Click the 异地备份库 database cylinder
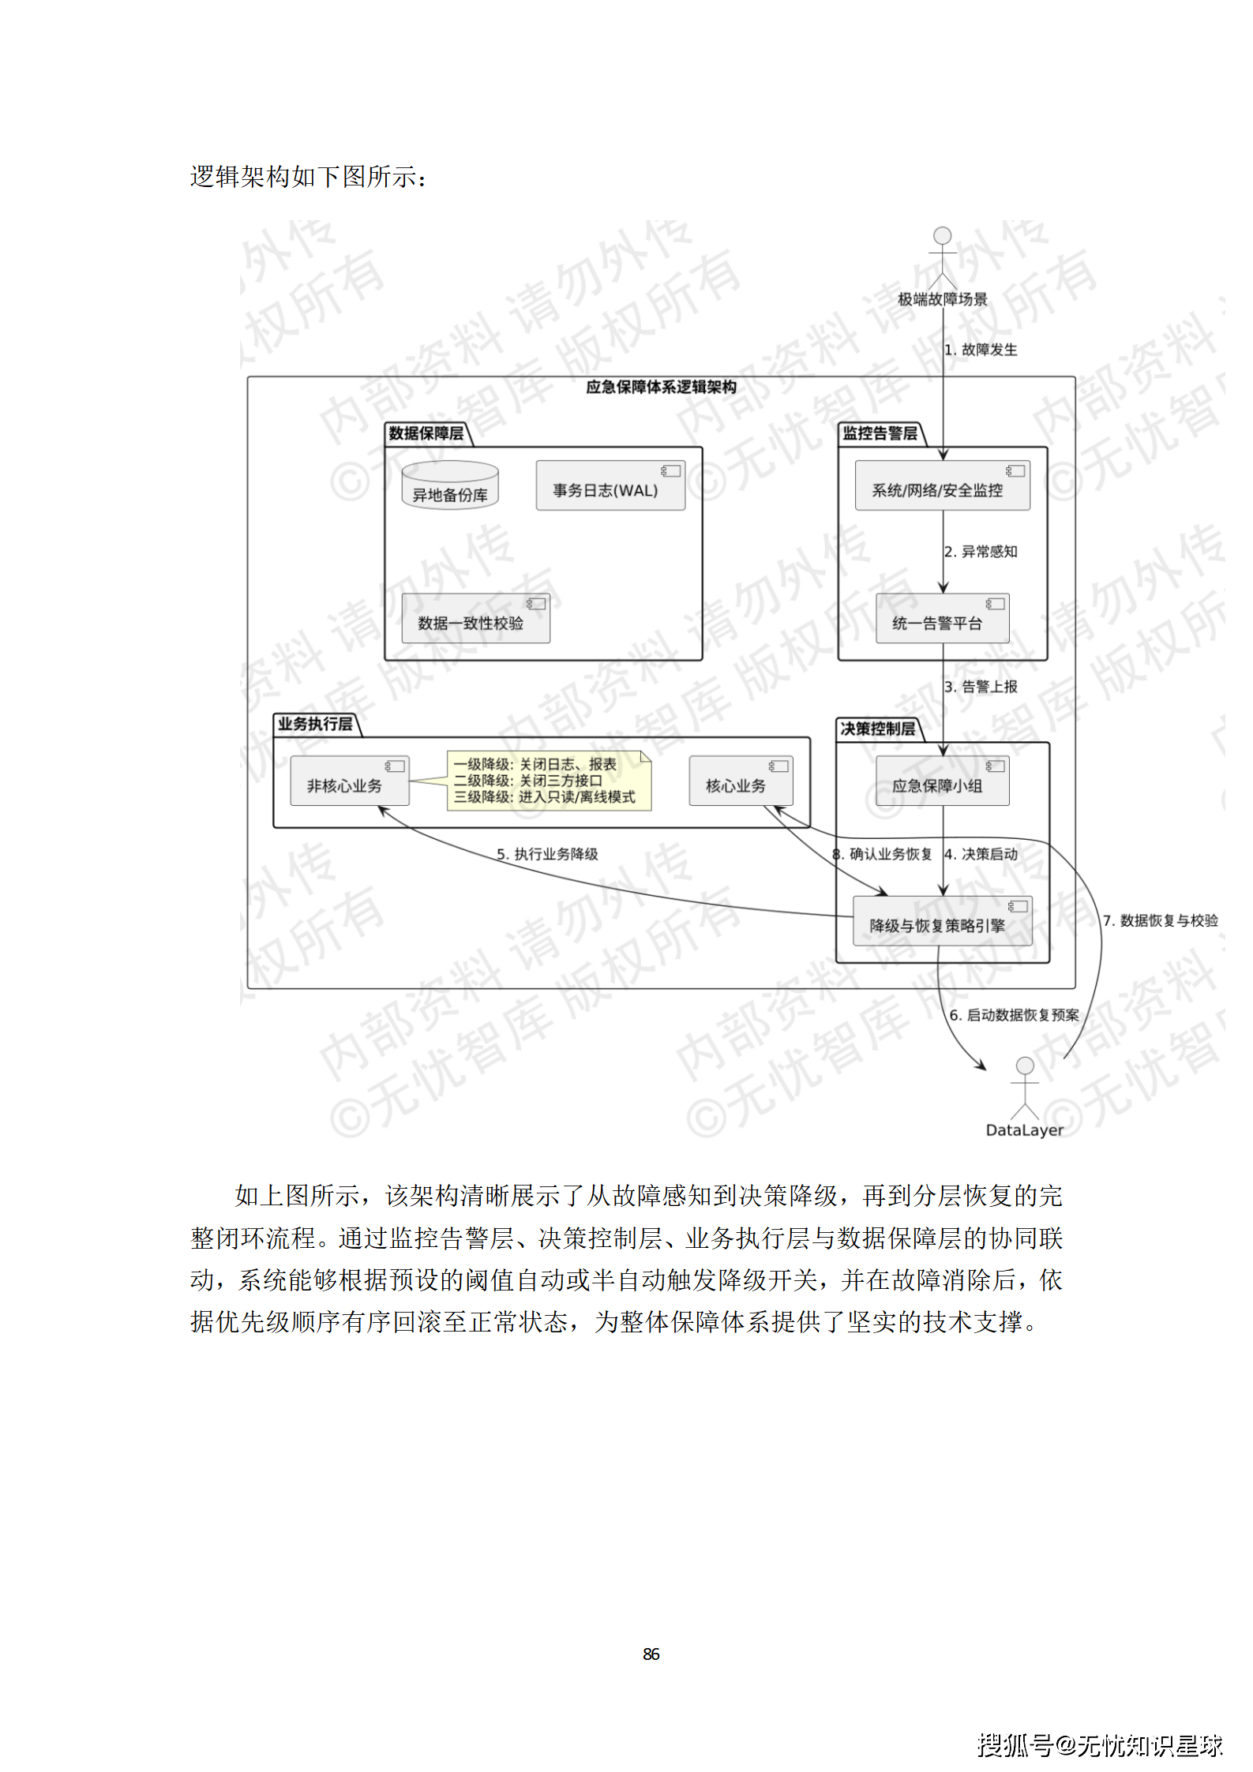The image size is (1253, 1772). click(x=450, y=485)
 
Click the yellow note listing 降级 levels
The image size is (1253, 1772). click(x=549, y=781)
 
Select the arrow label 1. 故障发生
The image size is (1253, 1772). click(x=981, y=350)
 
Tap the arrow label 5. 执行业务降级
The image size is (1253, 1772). click(x=547, y=854)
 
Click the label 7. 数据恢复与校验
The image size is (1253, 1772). click(x=1160, y=920)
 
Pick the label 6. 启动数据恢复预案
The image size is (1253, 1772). click(x=1014, y=1015)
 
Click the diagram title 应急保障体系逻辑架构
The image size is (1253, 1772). click(x=661, y=387)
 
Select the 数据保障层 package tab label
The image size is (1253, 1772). click(x=426, y=433)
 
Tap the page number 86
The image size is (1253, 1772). click(x=651, y=1654)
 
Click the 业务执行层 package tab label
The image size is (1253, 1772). click(x=315, y=724)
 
